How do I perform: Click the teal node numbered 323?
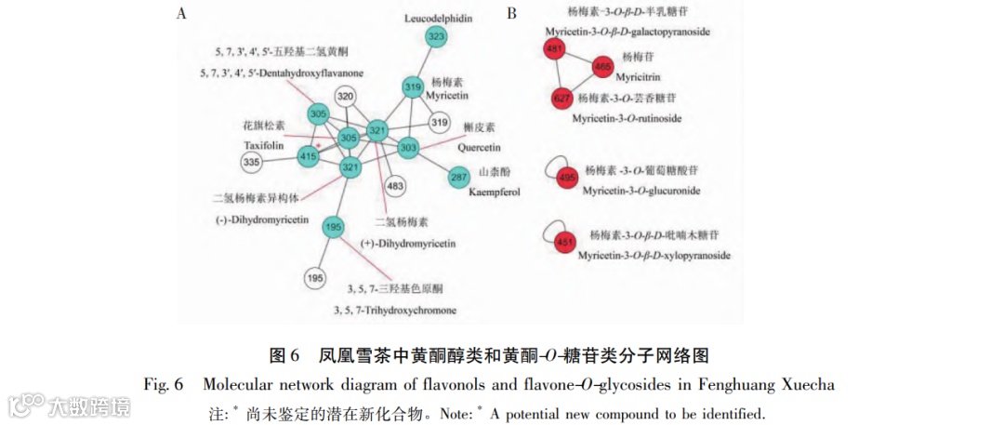(x=436, y=35)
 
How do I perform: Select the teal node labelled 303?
(x=408, y=147)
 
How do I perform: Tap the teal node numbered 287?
(x=459, y=178)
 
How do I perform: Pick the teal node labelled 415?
(x=308, y=159)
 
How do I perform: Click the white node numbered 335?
(x=251, y=163)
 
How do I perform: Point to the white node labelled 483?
(x=395, y=188)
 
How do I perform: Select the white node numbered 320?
(x=346, y=97)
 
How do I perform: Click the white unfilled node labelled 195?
(x=314, y=277)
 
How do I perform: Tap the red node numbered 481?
(x=556, y=49)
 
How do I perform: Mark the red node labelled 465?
(x=602, y=67)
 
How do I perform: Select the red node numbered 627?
(x=561, y=98)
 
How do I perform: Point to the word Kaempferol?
(x=490, y=192)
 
